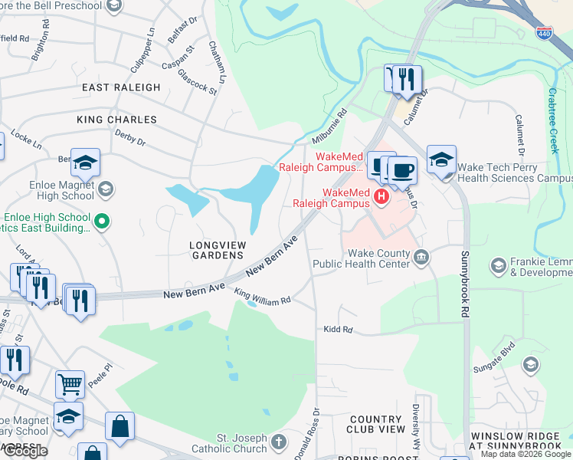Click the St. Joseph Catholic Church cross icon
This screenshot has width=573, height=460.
point(278,442)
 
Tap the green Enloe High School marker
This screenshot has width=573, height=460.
point(100,222)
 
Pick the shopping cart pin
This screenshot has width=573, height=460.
point(70,383)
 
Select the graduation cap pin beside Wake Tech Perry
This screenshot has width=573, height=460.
point(441,159)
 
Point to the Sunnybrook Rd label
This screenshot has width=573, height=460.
point(464,284)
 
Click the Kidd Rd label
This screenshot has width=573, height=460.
point(337,330)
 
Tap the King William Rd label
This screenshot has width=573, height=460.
point(263,296)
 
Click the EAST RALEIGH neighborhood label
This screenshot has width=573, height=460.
point(121,87)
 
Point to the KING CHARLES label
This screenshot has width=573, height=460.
point(116,120)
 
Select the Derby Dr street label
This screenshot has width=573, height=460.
point(129,139)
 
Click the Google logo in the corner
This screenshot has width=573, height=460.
point(25,451)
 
